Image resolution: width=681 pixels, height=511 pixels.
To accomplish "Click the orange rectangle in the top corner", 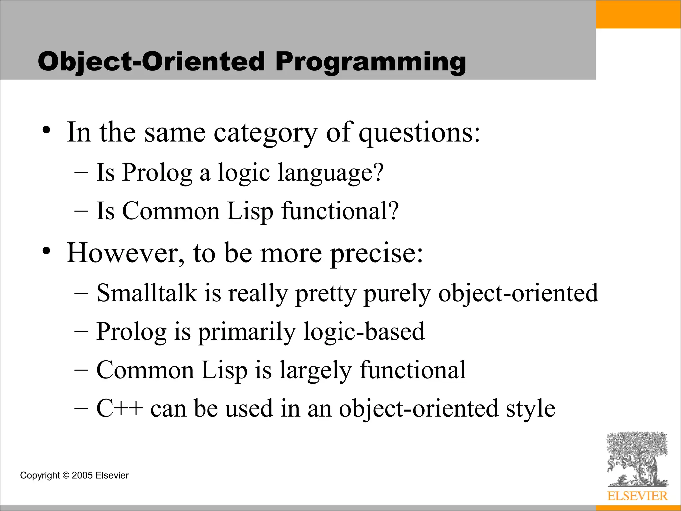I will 638,14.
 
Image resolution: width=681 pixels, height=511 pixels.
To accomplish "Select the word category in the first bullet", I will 265,133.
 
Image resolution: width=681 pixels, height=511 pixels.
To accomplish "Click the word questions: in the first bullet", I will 420,133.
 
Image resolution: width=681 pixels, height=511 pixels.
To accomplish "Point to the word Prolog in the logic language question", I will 157,173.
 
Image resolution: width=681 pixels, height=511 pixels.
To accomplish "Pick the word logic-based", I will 364,332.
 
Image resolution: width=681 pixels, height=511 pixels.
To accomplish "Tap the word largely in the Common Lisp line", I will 315,370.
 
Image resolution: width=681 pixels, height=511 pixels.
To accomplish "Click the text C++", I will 120,408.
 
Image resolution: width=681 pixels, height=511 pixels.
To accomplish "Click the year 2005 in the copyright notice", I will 82,475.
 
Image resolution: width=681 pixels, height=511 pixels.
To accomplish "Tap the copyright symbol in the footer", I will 66,475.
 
